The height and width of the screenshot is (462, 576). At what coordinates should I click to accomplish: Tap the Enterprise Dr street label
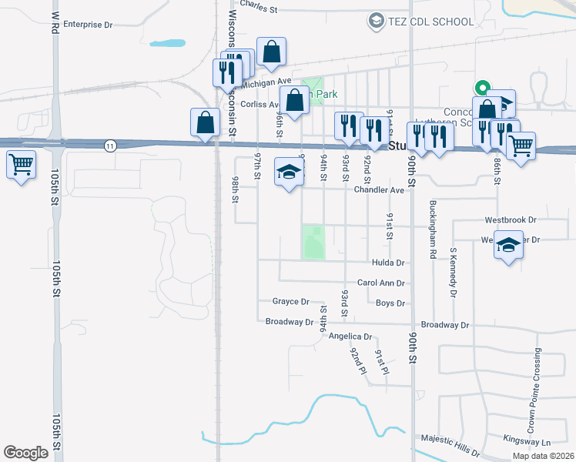[x=88, y=25]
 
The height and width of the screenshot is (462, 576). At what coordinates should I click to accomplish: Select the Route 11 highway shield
[x=112, y=146]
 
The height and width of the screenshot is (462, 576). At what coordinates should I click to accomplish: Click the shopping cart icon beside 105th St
[x=21, y=163]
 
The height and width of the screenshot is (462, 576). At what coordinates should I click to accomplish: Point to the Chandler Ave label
[x=379, y=190]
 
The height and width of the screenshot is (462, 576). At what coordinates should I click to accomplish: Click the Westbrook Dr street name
[x=510, y=219]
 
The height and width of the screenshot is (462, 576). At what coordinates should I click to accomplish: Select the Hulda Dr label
[x=387, y=263]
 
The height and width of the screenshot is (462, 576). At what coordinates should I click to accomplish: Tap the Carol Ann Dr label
[x=380, y=283]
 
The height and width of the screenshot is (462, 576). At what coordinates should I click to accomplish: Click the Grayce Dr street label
[x=290, y=302]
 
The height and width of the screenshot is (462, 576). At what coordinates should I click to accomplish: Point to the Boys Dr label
[x=390, y=303]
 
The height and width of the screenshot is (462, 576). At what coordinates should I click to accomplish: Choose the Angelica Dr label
[x=350, y=336]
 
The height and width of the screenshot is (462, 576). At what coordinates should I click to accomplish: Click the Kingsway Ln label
[x=527, y=443]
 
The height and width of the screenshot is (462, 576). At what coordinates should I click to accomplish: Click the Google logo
[x=25, y=452]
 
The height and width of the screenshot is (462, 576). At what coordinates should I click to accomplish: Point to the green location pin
[x=481, y=88]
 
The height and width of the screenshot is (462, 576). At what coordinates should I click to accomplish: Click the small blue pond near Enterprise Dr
[x=167, y=43]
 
